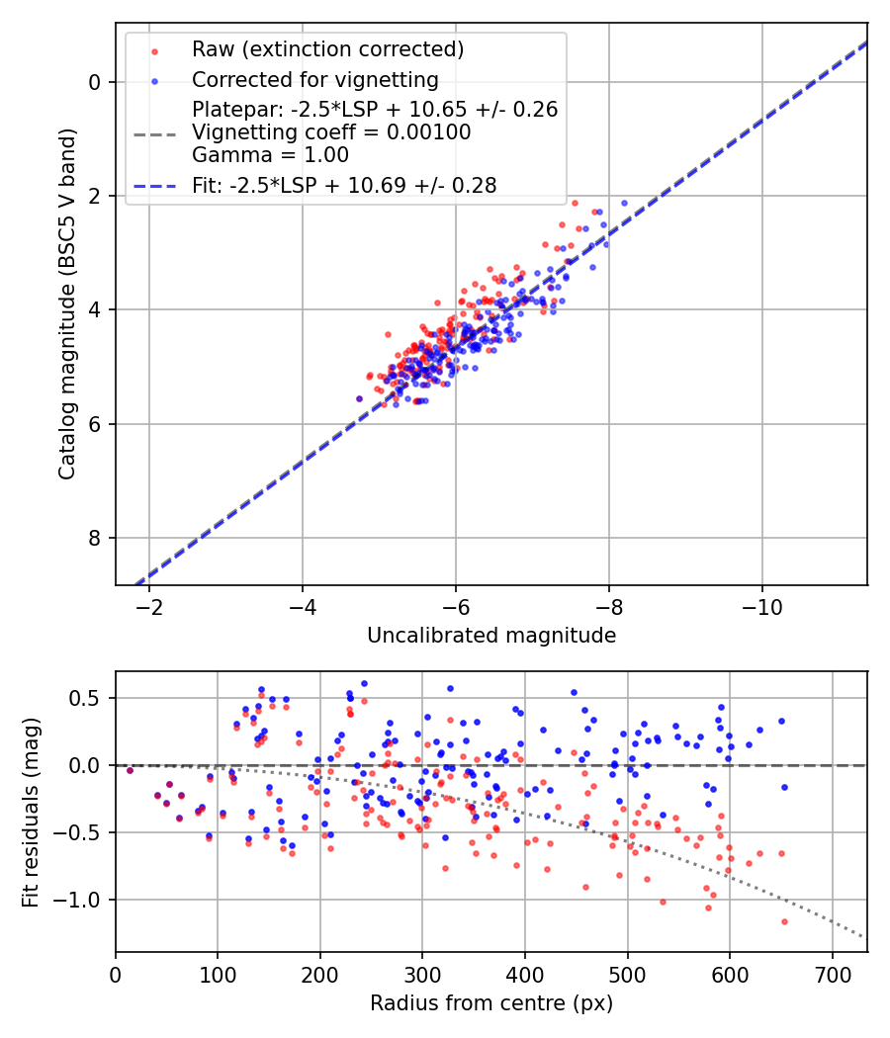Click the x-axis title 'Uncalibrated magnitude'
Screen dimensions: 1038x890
[491, 636]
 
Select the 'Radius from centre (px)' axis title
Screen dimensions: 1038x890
[491, 1003]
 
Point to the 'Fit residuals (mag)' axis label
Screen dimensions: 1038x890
[31, 812]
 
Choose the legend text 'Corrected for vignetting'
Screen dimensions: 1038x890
[314, 79]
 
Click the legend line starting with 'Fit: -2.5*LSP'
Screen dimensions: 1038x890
[344, 184]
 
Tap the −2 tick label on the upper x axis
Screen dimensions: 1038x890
[149, 604]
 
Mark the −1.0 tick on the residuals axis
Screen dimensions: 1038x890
[86, 900]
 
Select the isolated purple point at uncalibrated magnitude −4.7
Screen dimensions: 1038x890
[359, 398]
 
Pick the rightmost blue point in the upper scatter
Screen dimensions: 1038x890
[624, 203]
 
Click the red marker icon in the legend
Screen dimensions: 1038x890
[154, 49]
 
